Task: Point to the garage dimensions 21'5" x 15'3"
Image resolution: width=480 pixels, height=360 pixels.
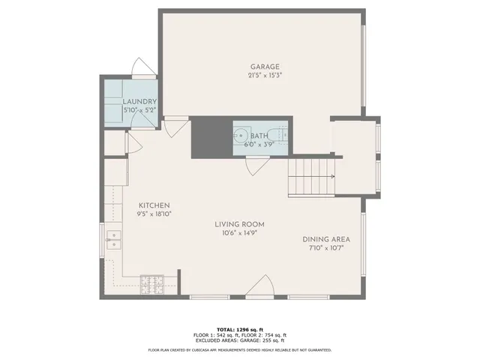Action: coord(265,75)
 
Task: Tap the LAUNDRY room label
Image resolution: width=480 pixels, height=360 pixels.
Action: coord(139,102)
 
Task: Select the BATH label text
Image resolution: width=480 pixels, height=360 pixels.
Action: coord(259,136)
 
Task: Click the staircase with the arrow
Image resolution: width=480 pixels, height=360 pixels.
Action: coord(311,178)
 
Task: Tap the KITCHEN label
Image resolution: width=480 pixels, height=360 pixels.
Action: coord(154,205)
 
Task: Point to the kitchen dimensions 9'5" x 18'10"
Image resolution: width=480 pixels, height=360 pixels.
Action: coord(154,214)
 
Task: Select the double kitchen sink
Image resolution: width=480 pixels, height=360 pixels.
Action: coord(115,241)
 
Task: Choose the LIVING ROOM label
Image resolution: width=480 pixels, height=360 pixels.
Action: coord(239,224)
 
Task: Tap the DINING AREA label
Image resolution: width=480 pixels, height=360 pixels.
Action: coord(325,239)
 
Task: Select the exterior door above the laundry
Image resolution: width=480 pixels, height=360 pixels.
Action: coord(143,67)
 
